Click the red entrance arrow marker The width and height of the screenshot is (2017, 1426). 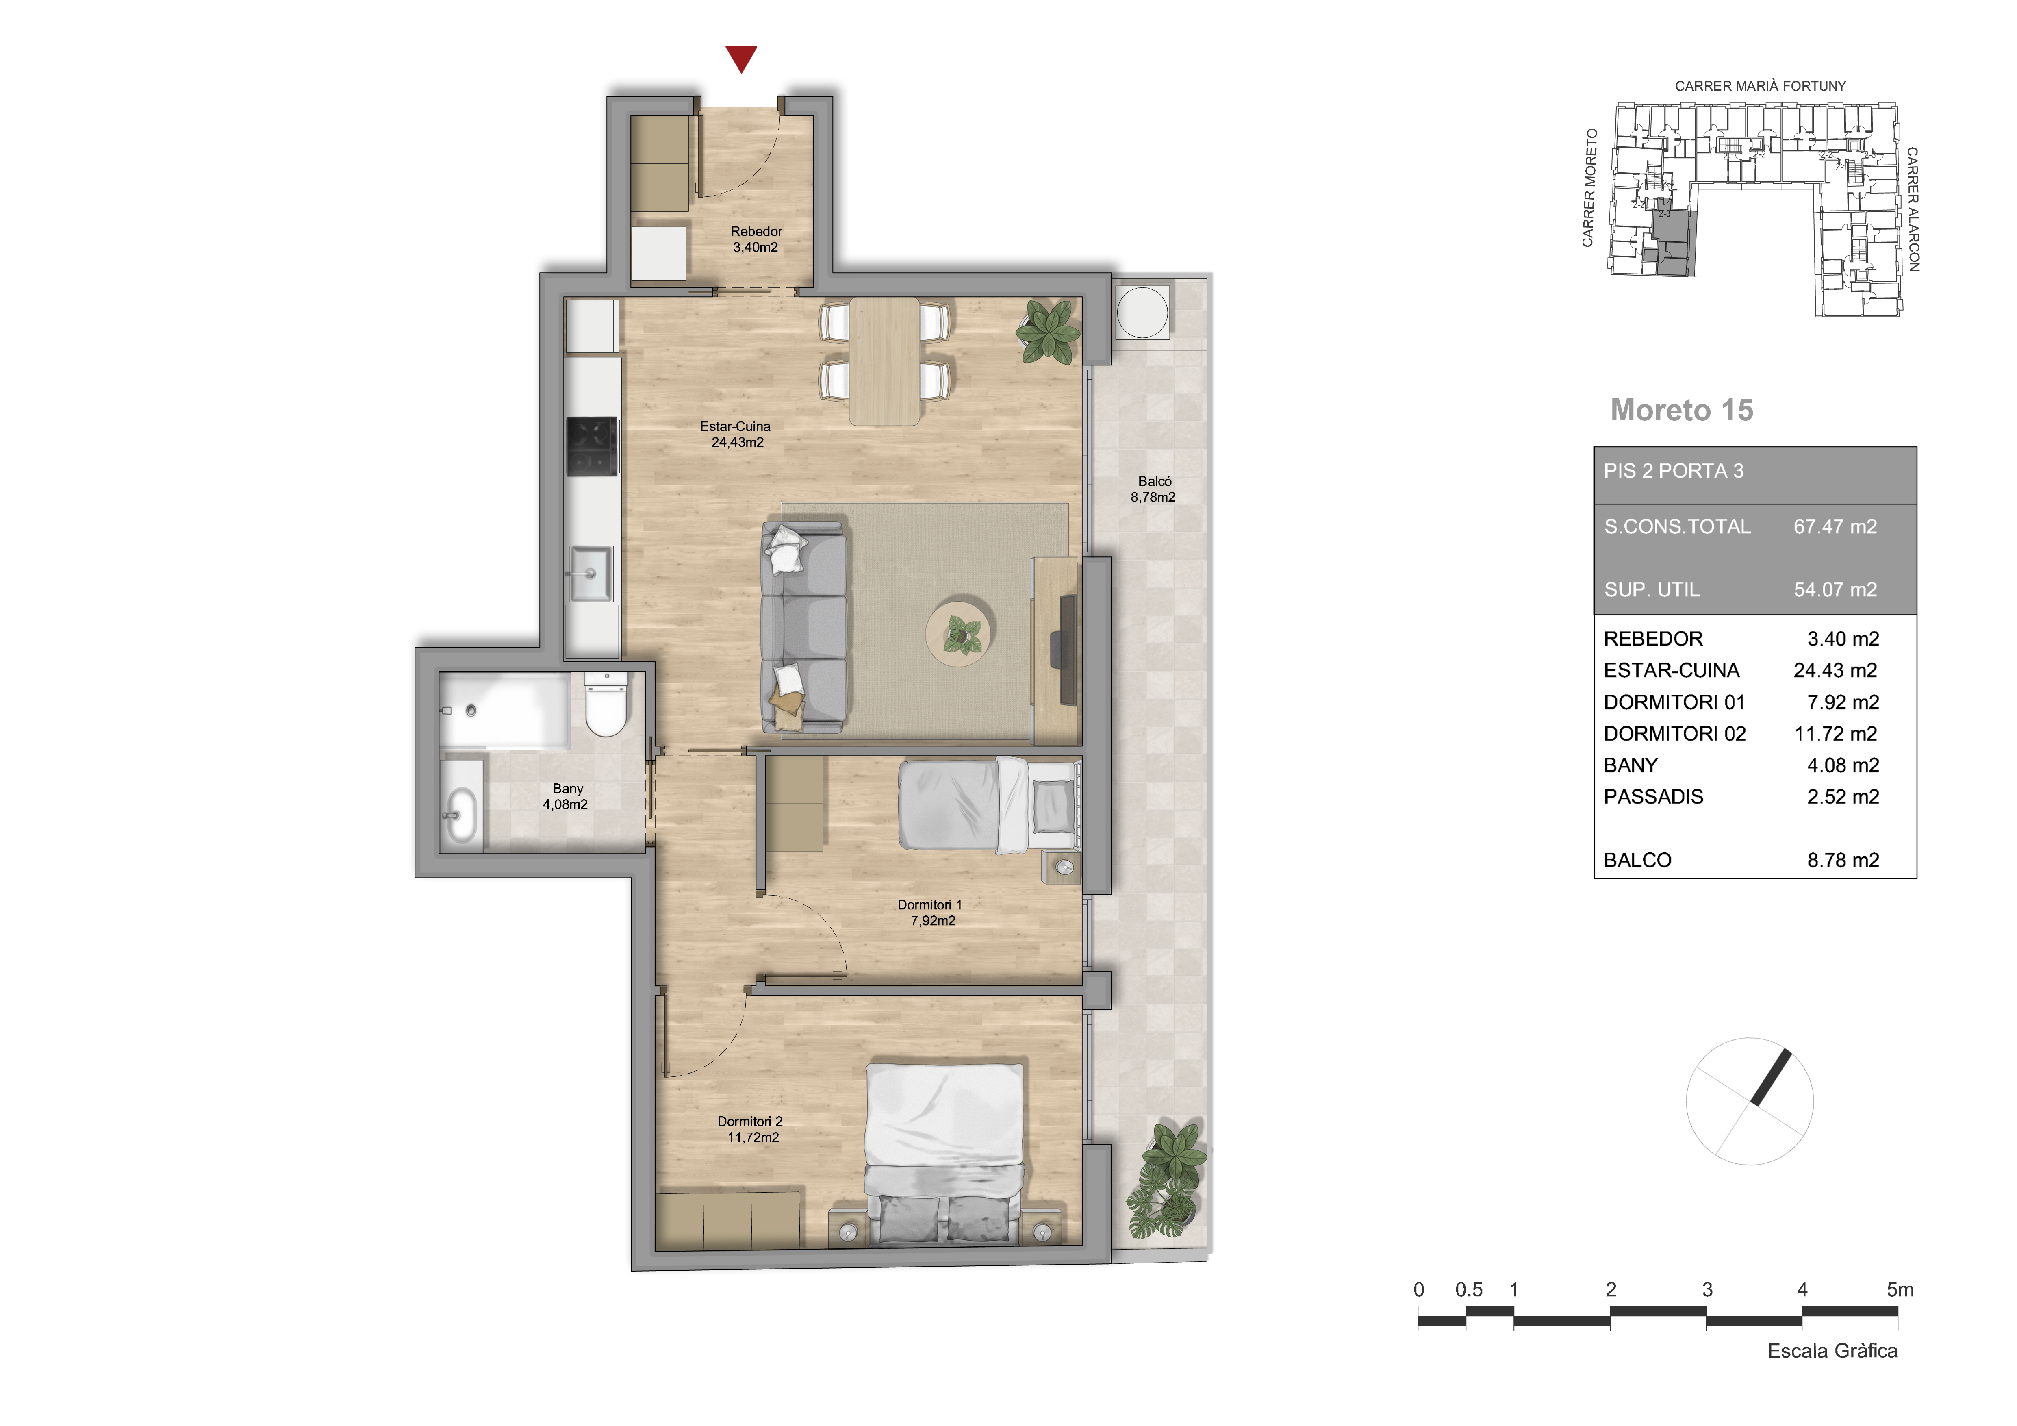click(741, 58)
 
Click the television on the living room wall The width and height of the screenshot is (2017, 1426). click(1067, 649)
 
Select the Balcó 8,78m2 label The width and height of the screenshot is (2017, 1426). click(1153, 489)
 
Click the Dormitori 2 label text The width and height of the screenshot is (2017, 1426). click(749, 1121)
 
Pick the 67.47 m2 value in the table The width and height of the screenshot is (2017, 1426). click(1835, 526)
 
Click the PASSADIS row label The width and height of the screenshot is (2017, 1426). click(1653, 797)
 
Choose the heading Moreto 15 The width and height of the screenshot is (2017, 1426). click(1681, 410)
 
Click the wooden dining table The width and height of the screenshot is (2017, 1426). click(885, 362)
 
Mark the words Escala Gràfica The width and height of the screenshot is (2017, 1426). click(1832, 1350)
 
